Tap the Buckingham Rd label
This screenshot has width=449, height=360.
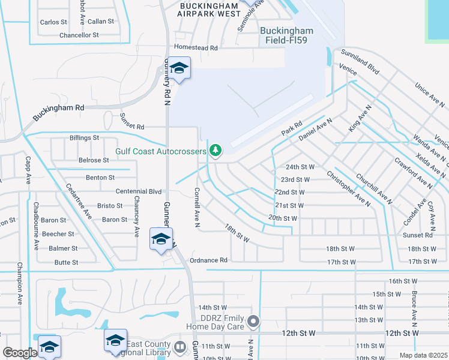pyautogui.click(x=58, y=107)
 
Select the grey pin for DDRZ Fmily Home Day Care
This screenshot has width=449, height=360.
pyautogui.click(x=253, y=322)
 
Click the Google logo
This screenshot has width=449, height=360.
pyautogui.click(x=20, y=353)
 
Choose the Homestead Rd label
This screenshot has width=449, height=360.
pyautogui.click(x=195, y=47)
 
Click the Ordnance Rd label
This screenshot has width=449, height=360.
pyautogui.click(x=208, y=260)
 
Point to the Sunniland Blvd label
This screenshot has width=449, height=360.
pyautogui.click(x=360, y=62)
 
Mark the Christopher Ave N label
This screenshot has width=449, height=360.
pyautogui.click(x=348, y=188)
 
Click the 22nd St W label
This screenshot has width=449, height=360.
pyautogui.click(x=290, y=192)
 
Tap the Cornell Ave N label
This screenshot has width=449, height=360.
pyautogui.click(x=197, y=208)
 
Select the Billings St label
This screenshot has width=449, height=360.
pyautogui.click(x=84, y=138)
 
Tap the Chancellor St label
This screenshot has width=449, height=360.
pyautogui.click(x=79, y=35)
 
